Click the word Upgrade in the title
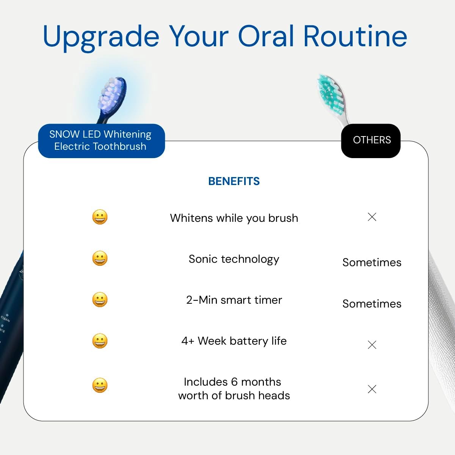pyautogui.click(x=101, y=37)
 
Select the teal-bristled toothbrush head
pyautogui.click(x=332, y=95)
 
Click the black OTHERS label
pyautogui.click(x=371, y=140)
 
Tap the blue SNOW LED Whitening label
pyautogui.click(x=101, y=140)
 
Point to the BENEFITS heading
pyautogui.click(x=234, y=181)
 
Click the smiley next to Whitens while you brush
pyautogui.click(x=100, y=217)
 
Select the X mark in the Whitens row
pyautogui.click(x=372, y=217)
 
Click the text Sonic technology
pyautogui.click(x=234, y=259)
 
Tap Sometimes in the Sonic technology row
pyautogui.click(x=372, y=262)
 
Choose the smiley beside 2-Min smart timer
pyautogui.click(x=100, y=300)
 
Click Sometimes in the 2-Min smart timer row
pyautogui.click(x=372, y=304)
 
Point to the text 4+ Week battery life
pyautogui.click(x=234, y=341)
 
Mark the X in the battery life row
pyautogui.click(x=372, y=345)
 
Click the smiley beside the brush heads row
pyautogui.click(x=100, y=385)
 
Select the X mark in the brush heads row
pyautogui.click(x=372, y=389)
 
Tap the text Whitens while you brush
pyautogui.click(x=234, y=218)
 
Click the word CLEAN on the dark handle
pyautogui.click(x=5, y=318)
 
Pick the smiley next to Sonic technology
pyautogui.click(x=100, y=258)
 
